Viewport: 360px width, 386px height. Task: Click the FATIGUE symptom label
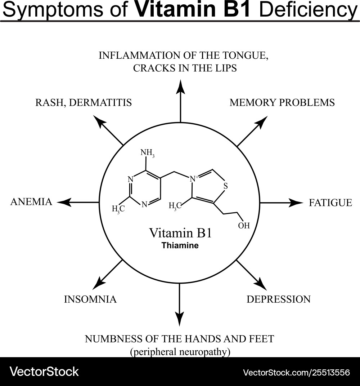(x=330, y=203)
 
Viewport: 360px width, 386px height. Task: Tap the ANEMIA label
(x=31, y=202)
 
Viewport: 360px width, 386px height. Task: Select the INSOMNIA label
(x=90, y=299)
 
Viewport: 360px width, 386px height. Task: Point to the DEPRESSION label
(x=278, y=299)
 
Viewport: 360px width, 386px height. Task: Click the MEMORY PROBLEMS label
(x=282, y=103)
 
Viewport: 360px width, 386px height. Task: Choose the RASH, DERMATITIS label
(x=84, y=103)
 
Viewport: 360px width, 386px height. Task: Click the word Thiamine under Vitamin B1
(x=180, y=246)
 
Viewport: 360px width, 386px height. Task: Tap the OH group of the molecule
(x=244, y=226)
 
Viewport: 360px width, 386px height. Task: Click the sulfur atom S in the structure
(x=226, y=186)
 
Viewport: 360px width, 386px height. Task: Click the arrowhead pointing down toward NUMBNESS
(x=179, y=319)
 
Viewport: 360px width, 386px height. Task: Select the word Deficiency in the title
(x=308, y=10)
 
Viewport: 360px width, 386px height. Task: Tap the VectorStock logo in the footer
(x=44, y=371)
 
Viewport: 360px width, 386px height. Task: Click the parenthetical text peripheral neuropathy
(x=180, y=352)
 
